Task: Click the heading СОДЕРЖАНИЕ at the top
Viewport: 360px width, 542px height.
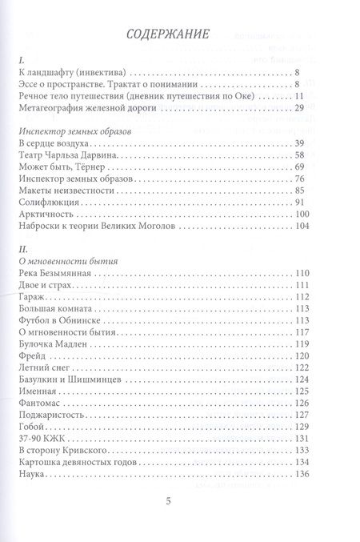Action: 180,35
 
